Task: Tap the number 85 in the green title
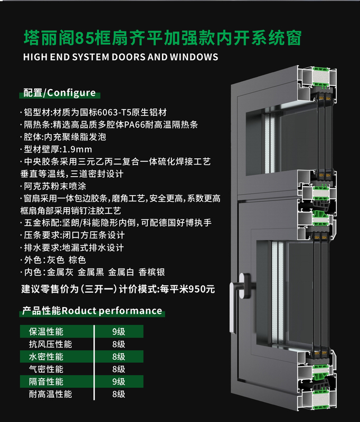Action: (x=84, y=38)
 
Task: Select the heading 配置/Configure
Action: (x=60, y=93)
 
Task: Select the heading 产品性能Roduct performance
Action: (x=92, y=311)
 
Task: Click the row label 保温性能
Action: (x=46, y=332)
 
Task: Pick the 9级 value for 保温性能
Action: (x=119, y=332)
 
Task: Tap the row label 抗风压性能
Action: (x=50, y=344)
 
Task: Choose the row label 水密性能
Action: (x=46, y=357)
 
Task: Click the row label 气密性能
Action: (x=46, y=369)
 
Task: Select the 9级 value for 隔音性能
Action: (x=119, y=381)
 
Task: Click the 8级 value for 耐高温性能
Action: (x=119, y=394)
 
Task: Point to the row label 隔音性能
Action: (x=46, y=381)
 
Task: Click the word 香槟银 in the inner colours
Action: (x=151, y=272)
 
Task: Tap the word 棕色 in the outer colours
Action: (x=77, y=260)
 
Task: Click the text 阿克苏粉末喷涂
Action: (x=55, y=186)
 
